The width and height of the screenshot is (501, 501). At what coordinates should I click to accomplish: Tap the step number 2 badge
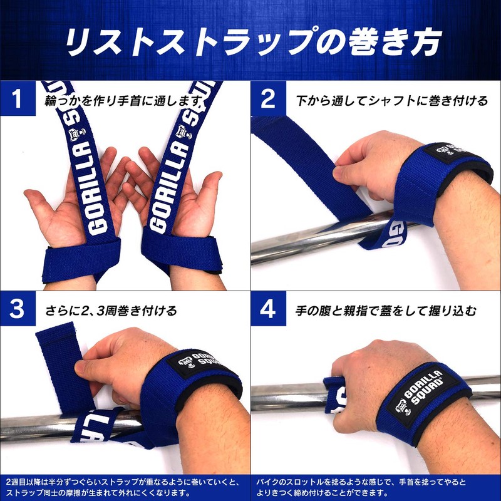click(x=268, y=100)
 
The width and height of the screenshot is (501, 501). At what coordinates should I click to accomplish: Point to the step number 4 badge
click(x=268, y=309)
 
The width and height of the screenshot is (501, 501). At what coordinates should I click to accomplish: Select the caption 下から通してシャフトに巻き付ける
click(x=391, y=100)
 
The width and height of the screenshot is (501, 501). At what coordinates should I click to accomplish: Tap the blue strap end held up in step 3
click(x=59, y=351)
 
